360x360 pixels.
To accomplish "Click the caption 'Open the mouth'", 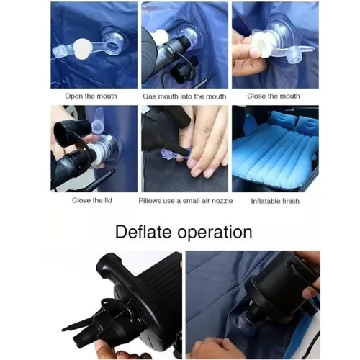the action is click(91, 96).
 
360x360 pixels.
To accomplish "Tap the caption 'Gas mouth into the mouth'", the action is click(184, 96).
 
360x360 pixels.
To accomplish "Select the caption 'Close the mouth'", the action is click(274, 96).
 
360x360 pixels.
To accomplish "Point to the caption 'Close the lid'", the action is click(92, 200).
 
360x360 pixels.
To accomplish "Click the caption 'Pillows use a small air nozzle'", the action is click(186, 201).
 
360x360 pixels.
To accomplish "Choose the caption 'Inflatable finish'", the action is click(275, 201).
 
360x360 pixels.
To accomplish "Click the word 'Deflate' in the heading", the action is click(143, 232).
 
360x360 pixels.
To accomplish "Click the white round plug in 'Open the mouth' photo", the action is click(83, 49).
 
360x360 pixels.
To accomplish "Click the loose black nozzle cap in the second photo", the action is click(184, 69).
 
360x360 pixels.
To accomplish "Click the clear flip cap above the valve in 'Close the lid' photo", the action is click(99, 120).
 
